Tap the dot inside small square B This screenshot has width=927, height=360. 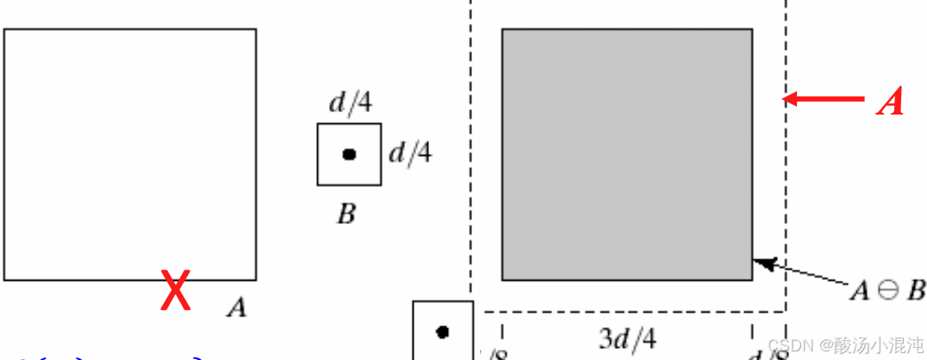(x=349, y=154)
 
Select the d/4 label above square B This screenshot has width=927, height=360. (x=351, y=103)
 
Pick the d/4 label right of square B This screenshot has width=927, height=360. (x=410, y=153)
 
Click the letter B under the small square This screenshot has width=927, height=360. (x=346, y=214)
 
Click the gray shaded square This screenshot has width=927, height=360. (x=626, y=154)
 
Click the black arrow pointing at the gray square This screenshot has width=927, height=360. (x=801, y=272)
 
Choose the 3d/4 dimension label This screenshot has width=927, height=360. (x=627, y=338)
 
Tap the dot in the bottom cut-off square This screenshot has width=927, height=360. (x=443, y=332)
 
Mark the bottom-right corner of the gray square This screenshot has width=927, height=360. (x=752, y=280)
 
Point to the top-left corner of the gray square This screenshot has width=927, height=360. (x=502, y=29)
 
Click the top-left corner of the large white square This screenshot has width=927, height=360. (x=5, y=29)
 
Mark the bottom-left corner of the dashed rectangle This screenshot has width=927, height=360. (x=470, y=311)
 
